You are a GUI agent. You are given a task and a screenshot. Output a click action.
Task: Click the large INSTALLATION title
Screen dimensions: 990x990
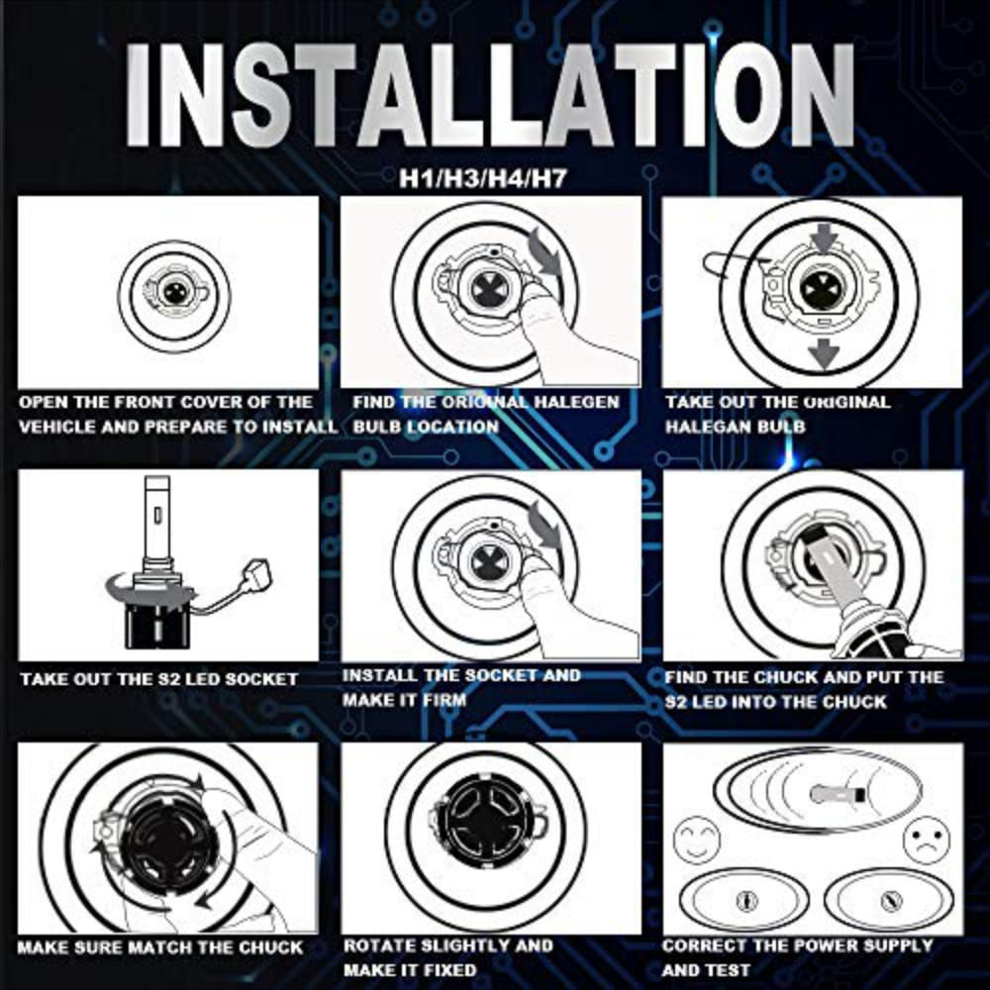click(x=489, y=95)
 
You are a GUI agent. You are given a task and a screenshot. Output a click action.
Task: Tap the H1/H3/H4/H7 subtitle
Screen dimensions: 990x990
click(x=483, y=179)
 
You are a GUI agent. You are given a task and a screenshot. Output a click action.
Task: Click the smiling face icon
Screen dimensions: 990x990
click(x=696, y=839)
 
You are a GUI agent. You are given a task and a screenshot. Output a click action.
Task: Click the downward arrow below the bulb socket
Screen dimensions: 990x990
click(x=824, y=354)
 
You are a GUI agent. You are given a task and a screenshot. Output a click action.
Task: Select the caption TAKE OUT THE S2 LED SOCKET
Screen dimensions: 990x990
click(x=158, y=679)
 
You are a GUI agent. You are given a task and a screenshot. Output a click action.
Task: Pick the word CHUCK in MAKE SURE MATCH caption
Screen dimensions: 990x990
click(x=270, y=947)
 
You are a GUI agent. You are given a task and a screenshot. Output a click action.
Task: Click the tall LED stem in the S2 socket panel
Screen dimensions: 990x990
click(x=156, y=523)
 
